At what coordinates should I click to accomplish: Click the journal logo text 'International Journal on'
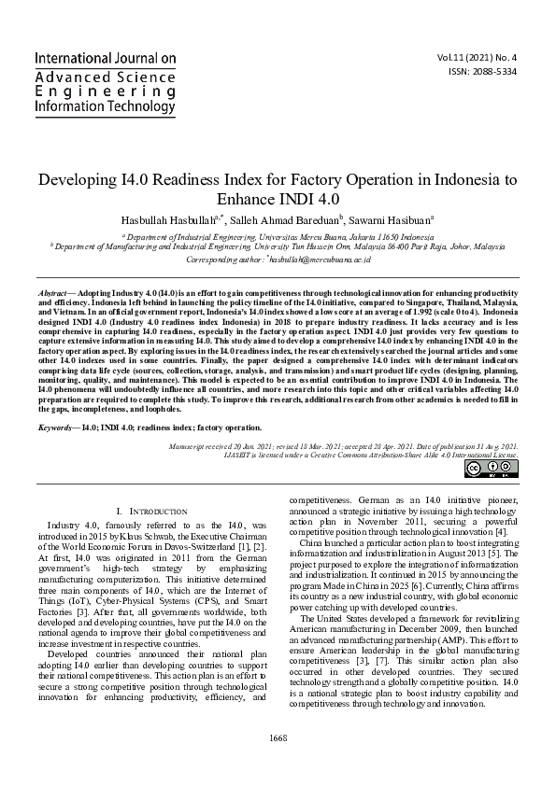pos(106,58)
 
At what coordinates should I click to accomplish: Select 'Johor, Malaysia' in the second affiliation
pos(477,247)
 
